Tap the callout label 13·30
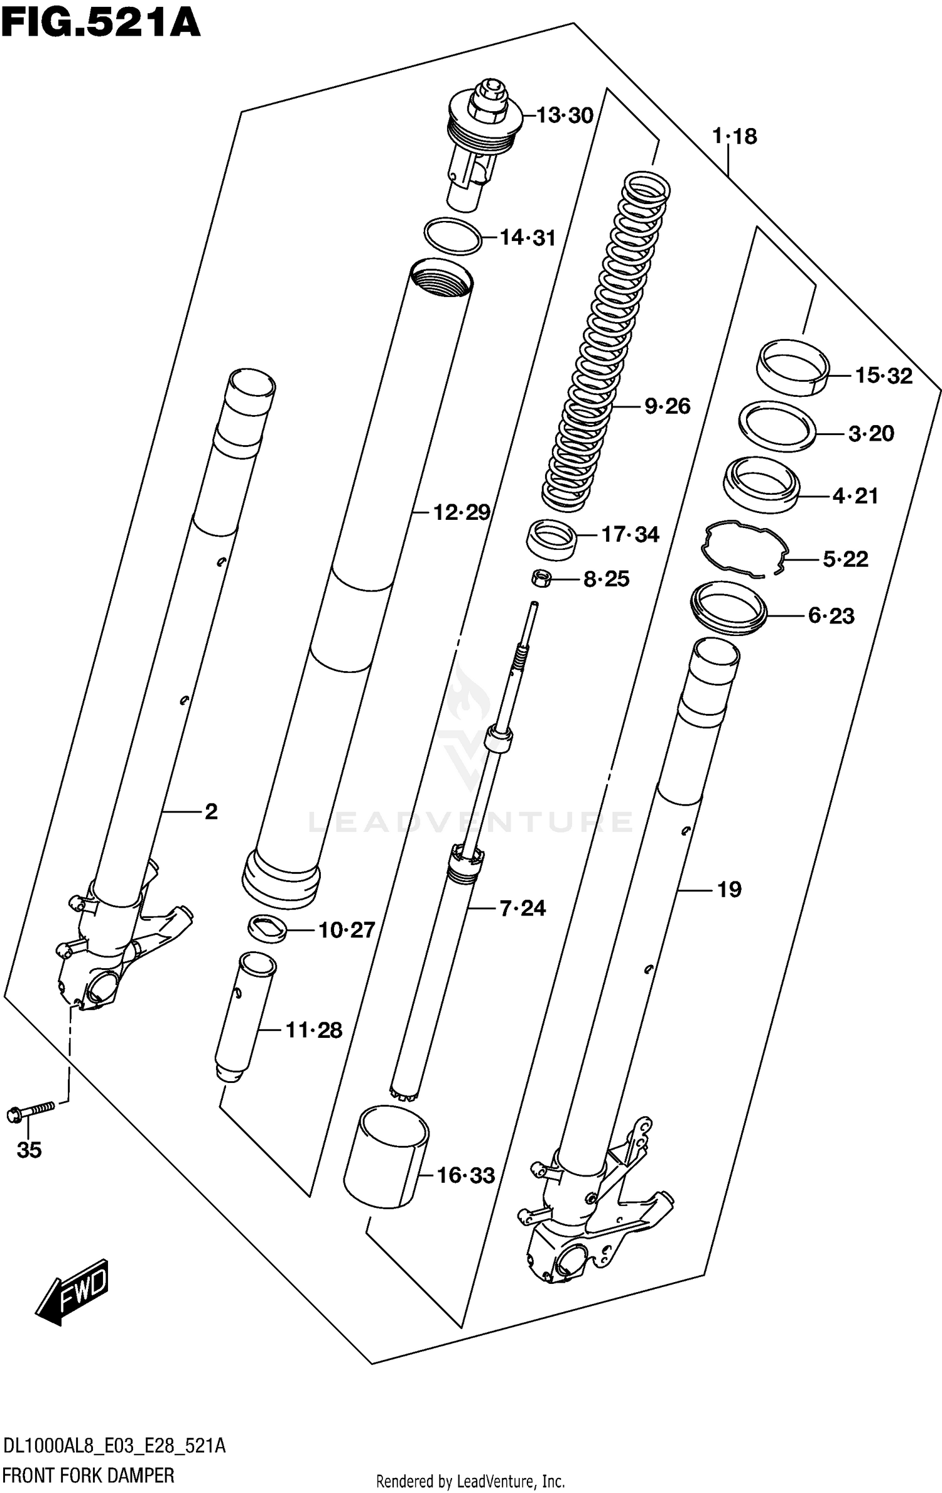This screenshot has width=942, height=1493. (x=565, y=116)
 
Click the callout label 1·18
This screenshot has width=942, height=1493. (x=734, y=136)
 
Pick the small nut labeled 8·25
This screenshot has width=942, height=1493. (x=541, y=578)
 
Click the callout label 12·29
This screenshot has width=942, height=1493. (x=462, y=512)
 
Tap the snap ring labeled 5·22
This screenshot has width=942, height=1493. (x=744, y=548)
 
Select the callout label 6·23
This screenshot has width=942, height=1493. (x=831, y=616)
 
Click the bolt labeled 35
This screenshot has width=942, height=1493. (x=30, y=1113)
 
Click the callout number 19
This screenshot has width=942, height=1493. (x=729, y=889)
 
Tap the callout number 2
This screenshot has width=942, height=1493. (x=211, y=812)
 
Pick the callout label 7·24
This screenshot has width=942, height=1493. (x=522, y=908)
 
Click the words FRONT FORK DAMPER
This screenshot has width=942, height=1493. (x=88, y=1476)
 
